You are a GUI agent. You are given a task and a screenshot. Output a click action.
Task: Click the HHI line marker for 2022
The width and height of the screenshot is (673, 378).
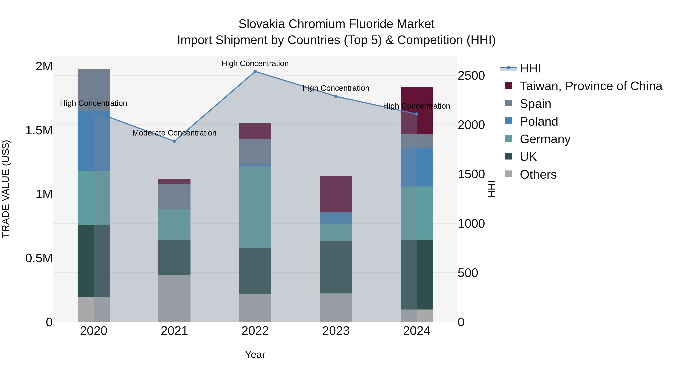pyautogui.click(x=255, y=71)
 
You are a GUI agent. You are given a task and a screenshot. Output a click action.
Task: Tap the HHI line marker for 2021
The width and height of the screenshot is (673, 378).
pyautogui.click(x=175, y=141)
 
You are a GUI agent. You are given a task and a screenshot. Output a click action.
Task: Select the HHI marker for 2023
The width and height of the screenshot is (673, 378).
pyautogui.click(x=336, y=96)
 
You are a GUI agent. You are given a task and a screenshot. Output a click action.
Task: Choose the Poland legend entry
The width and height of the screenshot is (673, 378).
pyautogui.click(x=539, y=122)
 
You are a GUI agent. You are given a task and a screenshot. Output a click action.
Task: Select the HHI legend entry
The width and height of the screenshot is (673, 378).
pyautogui.click(x=530, y=68)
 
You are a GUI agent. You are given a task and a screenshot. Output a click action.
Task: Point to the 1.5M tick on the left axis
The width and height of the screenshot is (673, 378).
pyautogui.click(x=39, y=130)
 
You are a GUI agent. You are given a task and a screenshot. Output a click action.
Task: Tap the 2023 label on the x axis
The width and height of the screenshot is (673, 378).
pyautogui.click(x=336, y=331)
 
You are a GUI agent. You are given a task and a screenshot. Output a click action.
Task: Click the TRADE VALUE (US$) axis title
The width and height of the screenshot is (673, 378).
pyautogui.click(x=6, y=189)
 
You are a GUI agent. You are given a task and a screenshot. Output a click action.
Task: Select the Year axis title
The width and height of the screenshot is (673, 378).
pyautogui.click(x=255, y=354)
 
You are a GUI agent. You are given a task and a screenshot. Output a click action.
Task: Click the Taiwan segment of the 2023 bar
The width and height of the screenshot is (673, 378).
pyautogui.click(x=336, y=194)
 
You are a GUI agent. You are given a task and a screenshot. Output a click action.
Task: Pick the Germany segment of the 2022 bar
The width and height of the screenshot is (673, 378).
pyautogui.click(x=255, y=207)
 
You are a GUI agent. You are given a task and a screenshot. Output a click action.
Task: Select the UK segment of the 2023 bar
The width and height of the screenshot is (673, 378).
pyautogui.click(x=336, y=267)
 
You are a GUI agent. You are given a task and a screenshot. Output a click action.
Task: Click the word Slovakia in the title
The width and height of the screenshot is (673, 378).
pyautogui.click(x=262, y=24)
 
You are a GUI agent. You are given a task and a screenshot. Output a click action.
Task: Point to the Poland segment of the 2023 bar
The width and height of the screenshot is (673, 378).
pyautogui.click(x=336, y=218)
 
